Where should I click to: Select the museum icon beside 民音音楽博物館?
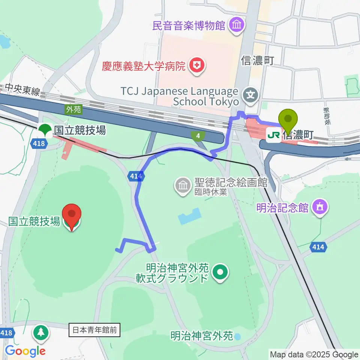[237, 26]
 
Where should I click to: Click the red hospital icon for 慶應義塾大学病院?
[196, 66]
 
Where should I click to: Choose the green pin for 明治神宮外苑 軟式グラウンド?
[220, 273]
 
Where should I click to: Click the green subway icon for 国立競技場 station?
[45, 130]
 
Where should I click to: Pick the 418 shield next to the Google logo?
[7, 333]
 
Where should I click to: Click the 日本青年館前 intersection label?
[94, 330]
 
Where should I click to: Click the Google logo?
[25, 351]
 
